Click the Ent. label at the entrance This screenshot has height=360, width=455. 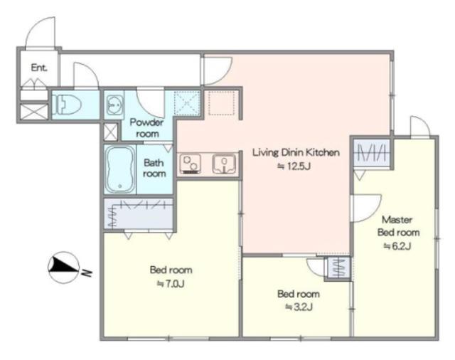pyautogui.click(x=39, y=68)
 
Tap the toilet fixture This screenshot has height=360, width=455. pyautogui.click(x=66, y=105)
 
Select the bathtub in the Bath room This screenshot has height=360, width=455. pyautogui.click(x=120, y=169)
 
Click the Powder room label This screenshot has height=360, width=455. pyautogui.click(x=147, y=128)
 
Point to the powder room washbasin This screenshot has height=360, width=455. pyautogui.click(x=114, y=105)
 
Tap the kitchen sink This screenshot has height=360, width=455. pyautogui.click(x=224, y=164)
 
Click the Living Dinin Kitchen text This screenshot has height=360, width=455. pyautogui.click(x=296, y=152)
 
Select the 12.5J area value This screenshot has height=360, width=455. pyautogui.click(x=294, y=166)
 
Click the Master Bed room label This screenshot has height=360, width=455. pyautogui.click(x=398, y=226)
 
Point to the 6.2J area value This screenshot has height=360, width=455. pyautogui.click(x=397, y=246)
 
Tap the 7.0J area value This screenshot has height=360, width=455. pyautogui.click(x=171, y=283)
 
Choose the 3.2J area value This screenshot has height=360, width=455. pyautogui.click(x=299, y=307)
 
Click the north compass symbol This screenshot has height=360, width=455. pyautogui.click(x=63, y=267)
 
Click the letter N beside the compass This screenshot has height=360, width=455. pyautogui.click(x=87, y=272)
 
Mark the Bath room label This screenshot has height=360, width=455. pyautogui.click(x=154, y=168)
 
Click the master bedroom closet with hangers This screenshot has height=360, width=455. pyautogui.click(x=371, y=153)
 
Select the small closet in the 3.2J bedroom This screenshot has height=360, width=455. pyautogui.click(x=338, y=268)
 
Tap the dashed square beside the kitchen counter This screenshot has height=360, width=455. pyautogui.click(x=222, y=103)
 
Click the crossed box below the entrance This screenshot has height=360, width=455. pyautogui.click(x=34, y=112)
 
